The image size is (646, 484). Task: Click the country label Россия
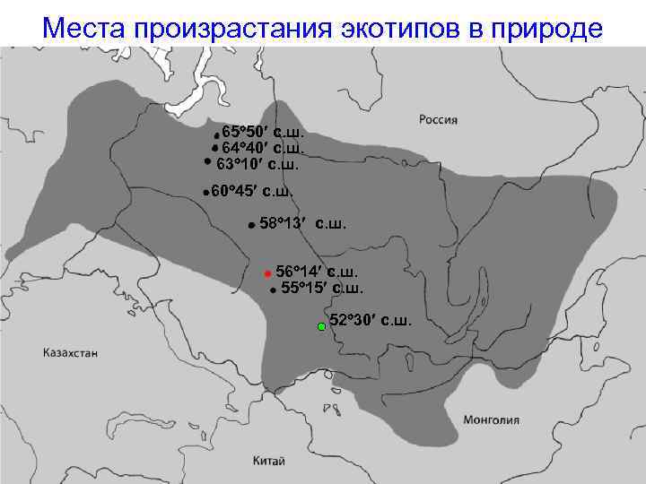439,119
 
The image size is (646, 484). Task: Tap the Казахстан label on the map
70,353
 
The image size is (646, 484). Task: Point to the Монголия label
491,419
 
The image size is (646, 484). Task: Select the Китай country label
269,461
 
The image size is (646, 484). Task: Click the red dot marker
266,272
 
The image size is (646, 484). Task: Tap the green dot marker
321,327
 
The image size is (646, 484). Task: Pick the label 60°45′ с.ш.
252,190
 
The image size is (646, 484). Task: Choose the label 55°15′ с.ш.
322,288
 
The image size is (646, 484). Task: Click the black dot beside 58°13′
250,225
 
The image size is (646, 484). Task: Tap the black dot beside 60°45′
205,192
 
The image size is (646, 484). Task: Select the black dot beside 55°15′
272,290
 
